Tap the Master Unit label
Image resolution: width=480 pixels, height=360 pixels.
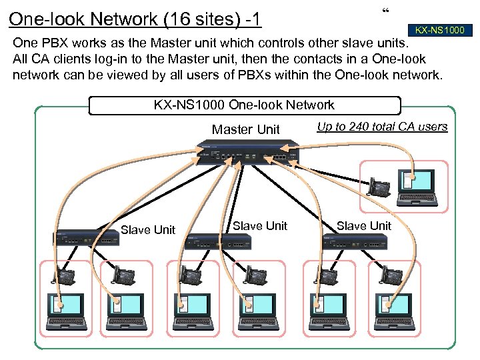click(245, 129)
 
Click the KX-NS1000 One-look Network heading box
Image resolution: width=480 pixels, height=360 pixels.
click(244, 105)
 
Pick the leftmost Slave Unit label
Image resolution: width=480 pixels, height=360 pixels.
click(147, 230)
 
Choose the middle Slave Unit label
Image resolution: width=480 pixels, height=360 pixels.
click(259, 226)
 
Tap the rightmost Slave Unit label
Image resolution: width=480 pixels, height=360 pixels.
click(363, 226)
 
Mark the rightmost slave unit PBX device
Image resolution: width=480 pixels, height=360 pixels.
click(350, 241)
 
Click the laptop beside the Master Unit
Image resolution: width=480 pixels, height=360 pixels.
click(416, 187)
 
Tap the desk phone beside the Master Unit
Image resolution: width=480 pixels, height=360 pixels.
click(380, 187)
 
